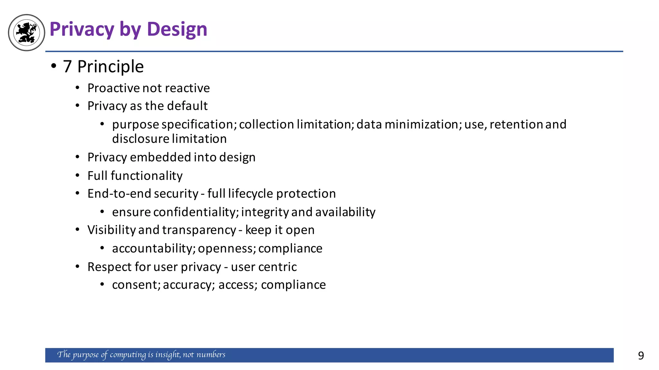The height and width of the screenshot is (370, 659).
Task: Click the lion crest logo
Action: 26,32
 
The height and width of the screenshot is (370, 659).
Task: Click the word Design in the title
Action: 177,29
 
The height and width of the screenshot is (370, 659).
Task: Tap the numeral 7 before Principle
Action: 67,66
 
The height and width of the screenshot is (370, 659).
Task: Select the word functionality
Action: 146,176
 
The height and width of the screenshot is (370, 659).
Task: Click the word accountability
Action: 153,248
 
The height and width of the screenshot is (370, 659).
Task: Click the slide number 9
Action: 641,356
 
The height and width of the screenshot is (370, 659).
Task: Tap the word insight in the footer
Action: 167,355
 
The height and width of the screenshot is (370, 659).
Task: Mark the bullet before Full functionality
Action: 78,175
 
